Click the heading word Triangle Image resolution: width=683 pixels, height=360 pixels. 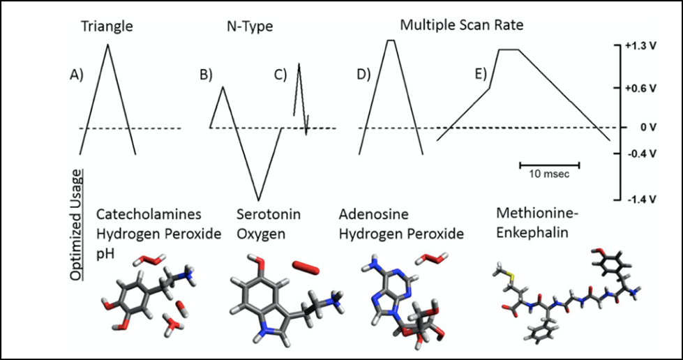coord(107,27)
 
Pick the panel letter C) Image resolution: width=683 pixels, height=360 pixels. coord(280,75)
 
